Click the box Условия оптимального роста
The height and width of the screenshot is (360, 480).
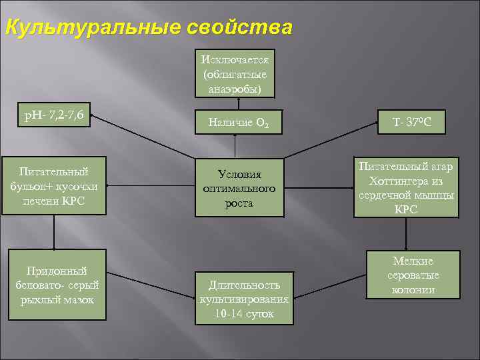click(239, 189)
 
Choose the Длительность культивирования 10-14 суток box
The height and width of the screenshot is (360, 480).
click(244, 298)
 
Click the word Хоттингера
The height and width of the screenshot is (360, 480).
click(407, 181)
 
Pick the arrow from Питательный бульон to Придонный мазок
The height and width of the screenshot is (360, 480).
click(54, 231)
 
